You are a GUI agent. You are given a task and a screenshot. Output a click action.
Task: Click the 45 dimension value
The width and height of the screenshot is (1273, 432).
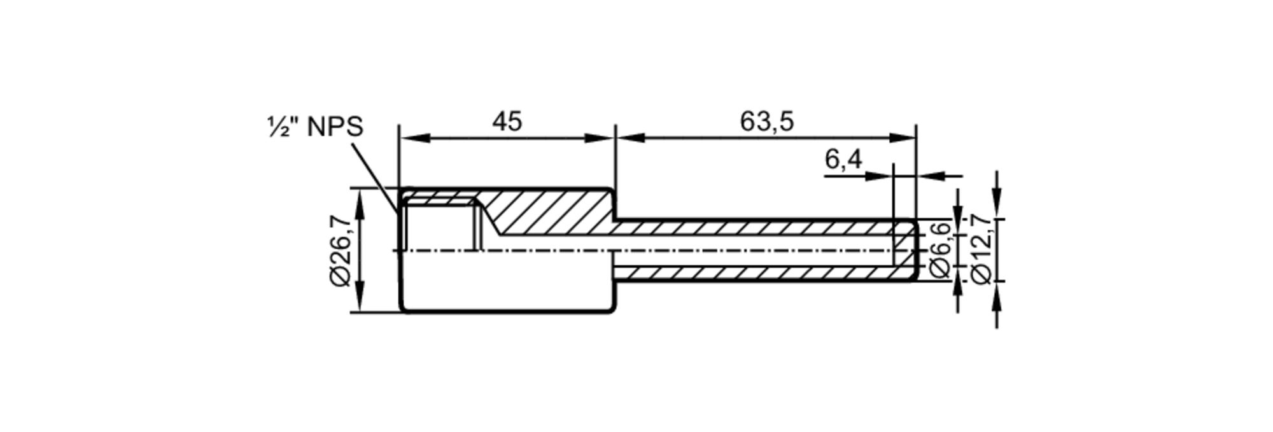tap(507, 122)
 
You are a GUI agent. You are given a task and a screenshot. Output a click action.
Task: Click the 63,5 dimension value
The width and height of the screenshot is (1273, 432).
tap(766, 122)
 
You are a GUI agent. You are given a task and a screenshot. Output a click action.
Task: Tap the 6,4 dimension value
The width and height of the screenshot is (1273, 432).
tap(843, 160)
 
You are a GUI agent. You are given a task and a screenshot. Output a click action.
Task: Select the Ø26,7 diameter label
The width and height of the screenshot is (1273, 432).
tap(341, 251)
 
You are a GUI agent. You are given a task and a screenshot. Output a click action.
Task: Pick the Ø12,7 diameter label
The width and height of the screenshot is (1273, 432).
tap(981, 249)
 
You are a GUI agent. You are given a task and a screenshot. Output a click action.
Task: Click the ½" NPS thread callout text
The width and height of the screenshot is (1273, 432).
tap(315, 127)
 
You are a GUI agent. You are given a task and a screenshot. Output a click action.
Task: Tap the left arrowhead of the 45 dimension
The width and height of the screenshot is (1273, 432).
tap(414, 138)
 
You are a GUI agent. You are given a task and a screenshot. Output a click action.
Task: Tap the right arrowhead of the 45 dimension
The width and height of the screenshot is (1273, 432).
tap(600, 138)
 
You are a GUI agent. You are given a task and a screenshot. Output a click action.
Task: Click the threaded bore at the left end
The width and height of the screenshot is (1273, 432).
tap(439, 226)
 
